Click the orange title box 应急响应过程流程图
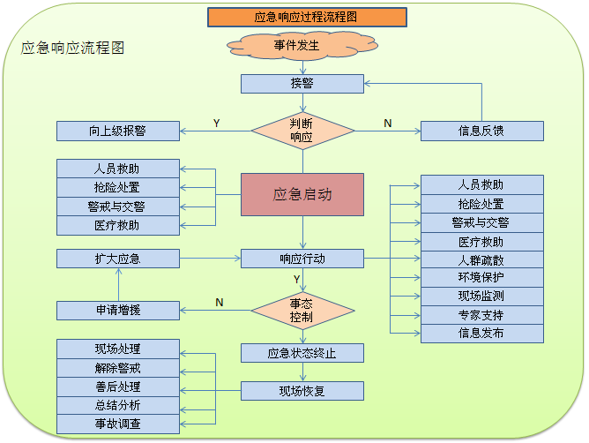tap(307, 17)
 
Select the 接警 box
tap(302, 84)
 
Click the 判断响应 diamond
tap(302, 131)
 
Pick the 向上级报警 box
tap(118, 131)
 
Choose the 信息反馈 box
tap(481, 131)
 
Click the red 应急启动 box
tap(302, 194)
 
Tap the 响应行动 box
tap(302, 259)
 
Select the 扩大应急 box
tap(118, 259)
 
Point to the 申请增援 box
tap(118, 310)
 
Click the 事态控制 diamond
tap(302, 310)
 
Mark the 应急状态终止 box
tap(302, 353)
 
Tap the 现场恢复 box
tap(302, 390)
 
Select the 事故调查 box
tap(118, 424)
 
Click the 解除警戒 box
tap(118, 368)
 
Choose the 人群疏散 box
tap(481, 259)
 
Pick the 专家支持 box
tap(481, 315)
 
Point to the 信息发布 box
tap(481, 334)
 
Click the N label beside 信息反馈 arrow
tap(387, 124)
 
